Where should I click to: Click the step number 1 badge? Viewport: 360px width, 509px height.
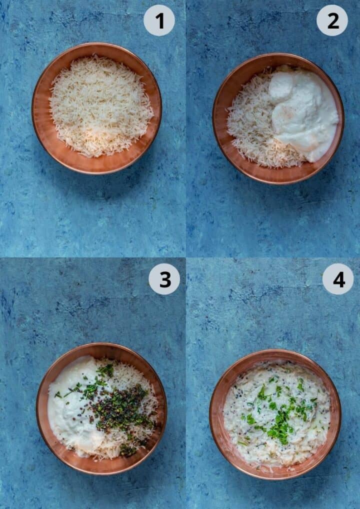pos(159,20)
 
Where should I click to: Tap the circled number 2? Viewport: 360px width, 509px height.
pos(332,20)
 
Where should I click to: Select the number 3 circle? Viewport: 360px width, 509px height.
pos(164,279)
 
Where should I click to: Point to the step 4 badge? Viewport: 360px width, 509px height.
pos(337,279)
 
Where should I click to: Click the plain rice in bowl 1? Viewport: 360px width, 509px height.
pos(100,105)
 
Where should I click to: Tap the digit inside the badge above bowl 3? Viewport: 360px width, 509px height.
pos(164,279)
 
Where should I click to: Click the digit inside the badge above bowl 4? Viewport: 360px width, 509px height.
pos(338,279)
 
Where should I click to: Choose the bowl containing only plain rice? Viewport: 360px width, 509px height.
pos(96,107)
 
